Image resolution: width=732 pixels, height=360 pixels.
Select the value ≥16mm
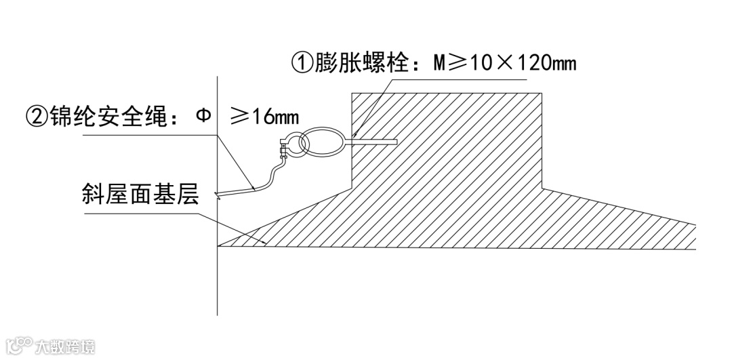[x=264, y=116]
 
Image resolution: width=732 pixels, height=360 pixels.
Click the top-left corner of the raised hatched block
[x=351, y=93]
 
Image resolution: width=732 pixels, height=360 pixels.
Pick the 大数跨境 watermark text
[x=65, y=346]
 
